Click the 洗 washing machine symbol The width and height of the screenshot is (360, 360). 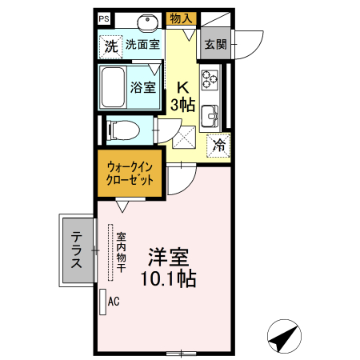coord(110,46)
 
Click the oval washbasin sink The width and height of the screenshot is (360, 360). coord(147,22)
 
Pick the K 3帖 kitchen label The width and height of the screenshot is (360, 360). coord(183,96)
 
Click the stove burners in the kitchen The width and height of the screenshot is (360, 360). coord(210,78)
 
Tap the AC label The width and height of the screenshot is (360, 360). coord(114,302)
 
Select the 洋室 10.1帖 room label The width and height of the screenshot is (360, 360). coord(168,269)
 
